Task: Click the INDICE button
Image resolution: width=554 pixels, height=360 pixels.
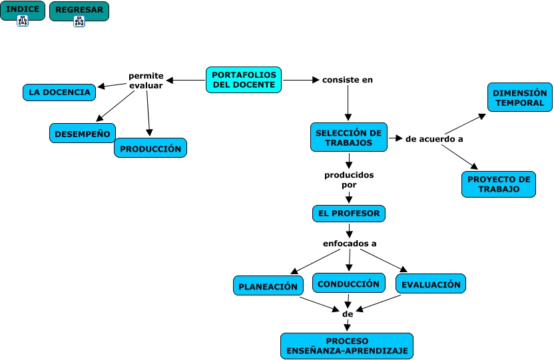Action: pyautogui.click(x=23, y=9)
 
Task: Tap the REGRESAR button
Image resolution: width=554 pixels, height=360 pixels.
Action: pyautogui.click(x=79, y=9)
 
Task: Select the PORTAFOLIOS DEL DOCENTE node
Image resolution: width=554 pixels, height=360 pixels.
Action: pyautogui.click(x=244, y=80)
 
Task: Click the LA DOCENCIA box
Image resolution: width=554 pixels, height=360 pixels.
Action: pyautogui.click(x=59, y=92)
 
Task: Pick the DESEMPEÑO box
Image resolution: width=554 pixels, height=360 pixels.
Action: pyautogui.click(x=83, y=133)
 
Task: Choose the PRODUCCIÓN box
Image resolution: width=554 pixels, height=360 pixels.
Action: pyautogui.click(x=150, y=148)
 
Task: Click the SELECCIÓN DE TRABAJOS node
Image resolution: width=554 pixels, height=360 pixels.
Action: pyautogui.click(x=349, y=137)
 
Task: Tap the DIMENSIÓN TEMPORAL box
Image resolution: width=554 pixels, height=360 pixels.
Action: pyautogui.click(x=520, y=97)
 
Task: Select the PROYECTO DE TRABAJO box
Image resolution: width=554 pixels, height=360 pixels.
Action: pyautogui.click(x=499, y=184)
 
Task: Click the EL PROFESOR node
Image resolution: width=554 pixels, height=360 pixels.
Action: pyautogui.click(x=349, y=214)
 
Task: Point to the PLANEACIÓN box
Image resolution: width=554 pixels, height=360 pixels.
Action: pyautogui.click(x=268, y=286)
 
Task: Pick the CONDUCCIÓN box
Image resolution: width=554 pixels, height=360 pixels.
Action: pyautogui.click(x=348, y=283)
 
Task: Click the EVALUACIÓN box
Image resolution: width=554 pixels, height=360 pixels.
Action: pyautogui.click(x=430, y=283)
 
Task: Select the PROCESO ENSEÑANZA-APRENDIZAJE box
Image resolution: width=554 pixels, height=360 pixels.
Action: pyautogui.click(x=347, y=346)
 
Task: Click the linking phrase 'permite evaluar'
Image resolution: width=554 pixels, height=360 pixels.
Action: pyautogui.click(x=146, y=81)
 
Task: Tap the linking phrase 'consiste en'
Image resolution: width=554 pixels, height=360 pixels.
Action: pyautogui.click(x=348, y=80)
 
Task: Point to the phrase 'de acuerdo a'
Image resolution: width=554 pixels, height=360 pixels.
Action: pyautogui.click(x=434, y=139)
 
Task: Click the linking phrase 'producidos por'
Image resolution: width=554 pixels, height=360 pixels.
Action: pyautogui.click(x=349, y=180)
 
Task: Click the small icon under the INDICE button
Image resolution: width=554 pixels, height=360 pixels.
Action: pyautogui.click(x=23, y=21)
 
